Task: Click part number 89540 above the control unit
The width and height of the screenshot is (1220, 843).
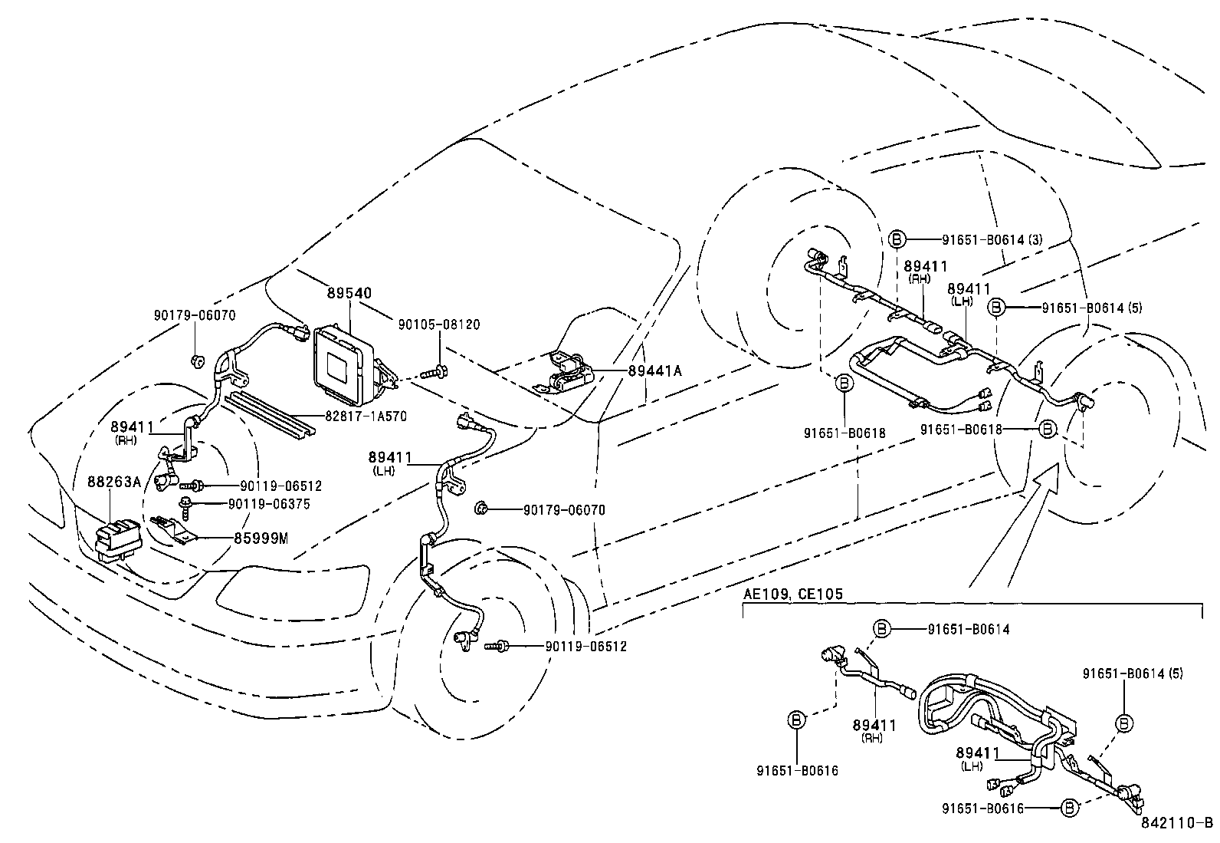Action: (x=349, y=294)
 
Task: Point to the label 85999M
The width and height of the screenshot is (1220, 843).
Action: (x=261, y=538)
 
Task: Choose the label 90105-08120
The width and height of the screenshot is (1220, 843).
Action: (x=439, y=324)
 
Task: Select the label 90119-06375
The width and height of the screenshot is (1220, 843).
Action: (x=270, y=504)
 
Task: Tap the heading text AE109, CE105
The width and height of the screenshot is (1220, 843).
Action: (x=793, y=594)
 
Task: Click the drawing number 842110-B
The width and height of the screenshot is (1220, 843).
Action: (x=1176, y=824)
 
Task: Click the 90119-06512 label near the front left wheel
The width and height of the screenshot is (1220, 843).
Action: (x=586, y=647)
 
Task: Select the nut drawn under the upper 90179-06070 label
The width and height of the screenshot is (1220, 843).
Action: (x=196, y=361)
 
